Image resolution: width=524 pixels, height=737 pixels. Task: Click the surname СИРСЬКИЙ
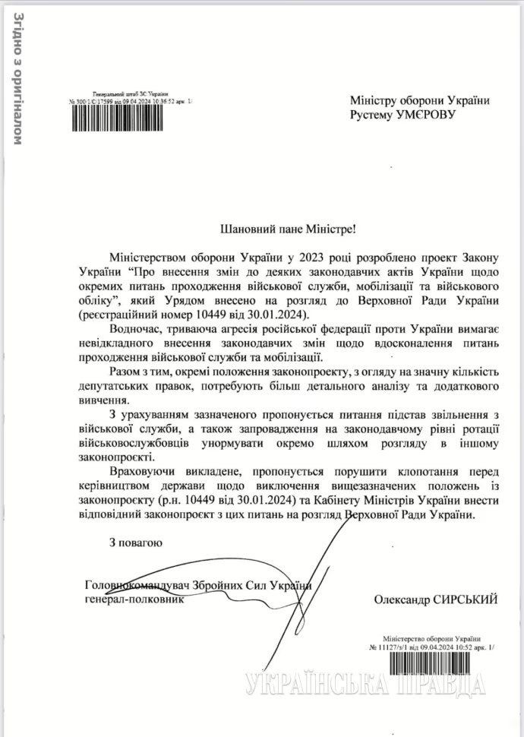pos(466,599)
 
